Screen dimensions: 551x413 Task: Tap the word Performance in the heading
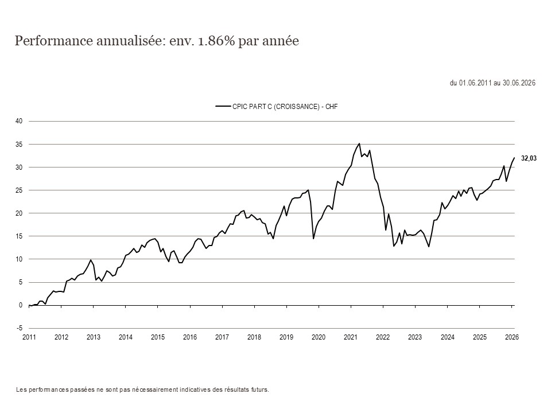(x=54, y=41)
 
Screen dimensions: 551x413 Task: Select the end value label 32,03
(x=529, y=158)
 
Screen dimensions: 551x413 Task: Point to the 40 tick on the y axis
(x=19, y=121)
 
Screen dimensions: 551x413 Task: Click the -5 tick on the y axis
(x=20, y=328)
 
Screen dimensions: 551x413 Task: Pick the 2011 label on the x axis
(x=29, y=337)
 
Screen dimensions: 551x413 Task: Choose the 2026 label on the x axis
(x=511, y=337)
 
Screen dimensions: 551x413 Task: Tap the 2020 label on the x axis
(x=319, y=337)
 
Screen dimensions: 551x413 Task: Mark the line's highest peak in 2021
(x=359, y=143)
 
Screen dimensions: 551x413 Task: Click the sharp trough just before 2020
(x=313, y=239)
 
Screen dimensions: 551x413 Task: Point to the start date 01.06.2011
(x=475, y=83)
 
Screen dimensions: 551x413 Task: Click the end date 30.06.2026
(x=519, y=83)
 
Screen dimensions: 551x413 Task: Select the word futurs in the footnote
(x=260, y=390)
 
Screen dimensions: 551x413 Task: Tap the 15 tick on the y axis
(x=19, y=236)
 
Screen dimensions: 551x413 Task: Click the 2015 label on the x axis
(x=158, y=337)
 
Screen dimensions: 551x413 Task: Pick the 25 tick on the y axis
(x=19, y=190)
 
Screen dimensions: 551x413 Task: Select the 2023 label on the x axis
(x=415, y=337)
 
